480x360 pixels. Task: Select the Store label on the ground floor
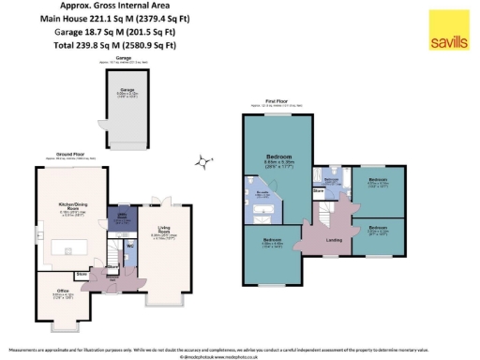tap(82, 275)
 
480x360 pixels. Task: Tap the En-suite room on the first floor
tap(264, 198)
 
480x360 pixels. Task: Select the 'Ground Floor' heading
tap(75, 154)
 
